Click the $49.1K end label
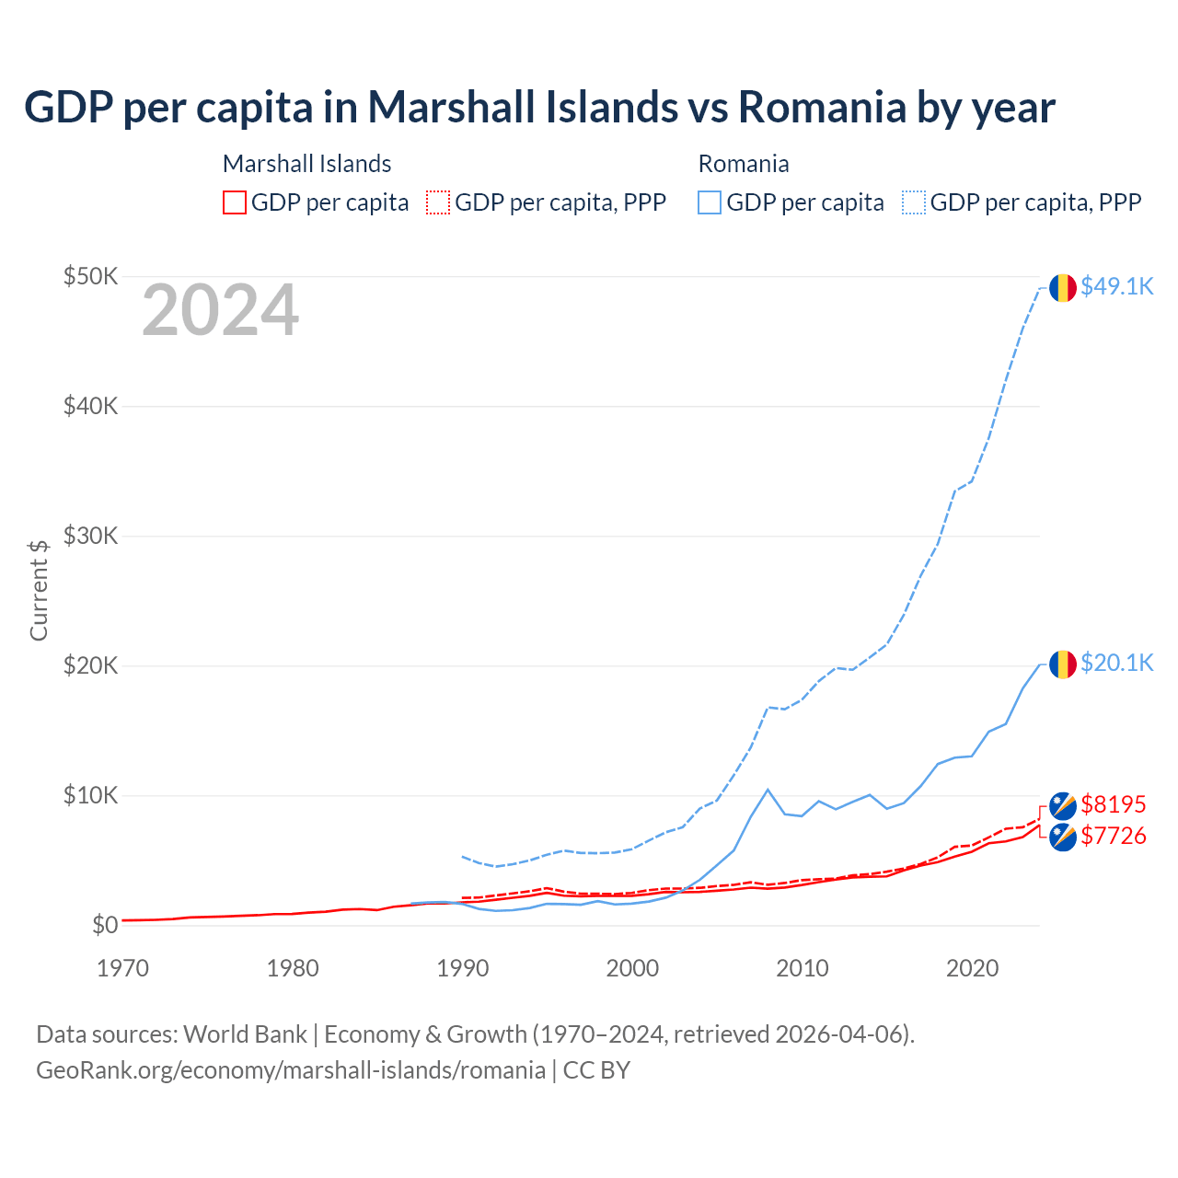(1116, 287)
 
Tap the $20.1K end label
(1116, 664)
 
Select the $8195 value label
(1113, 805)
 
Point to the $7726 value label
(1113, 837)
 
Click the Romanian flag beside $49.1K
(1063, 288)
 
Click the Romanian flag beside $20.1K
(1063, 664)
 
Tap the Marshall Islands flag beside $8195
(1063, 805)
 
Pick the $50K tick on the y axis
(90, 276)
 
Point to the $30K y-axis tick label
(90, 536)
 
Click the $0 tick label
(105, 925)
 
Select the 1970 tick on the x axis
(122, 968)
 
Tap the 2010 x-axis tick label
(803, 968)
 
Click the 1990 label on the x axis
(463, 968)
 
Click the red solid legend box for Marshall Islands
(235, 202)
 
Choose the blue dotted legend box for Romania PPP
(914, 202)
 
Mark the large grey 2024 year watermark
(220, 311)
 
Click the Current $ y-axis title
(39, 590)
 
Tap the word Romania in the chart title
(821, 108)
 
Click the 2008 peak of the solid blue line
(768, 790)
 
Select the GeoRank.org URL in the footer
(291, 1070)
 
